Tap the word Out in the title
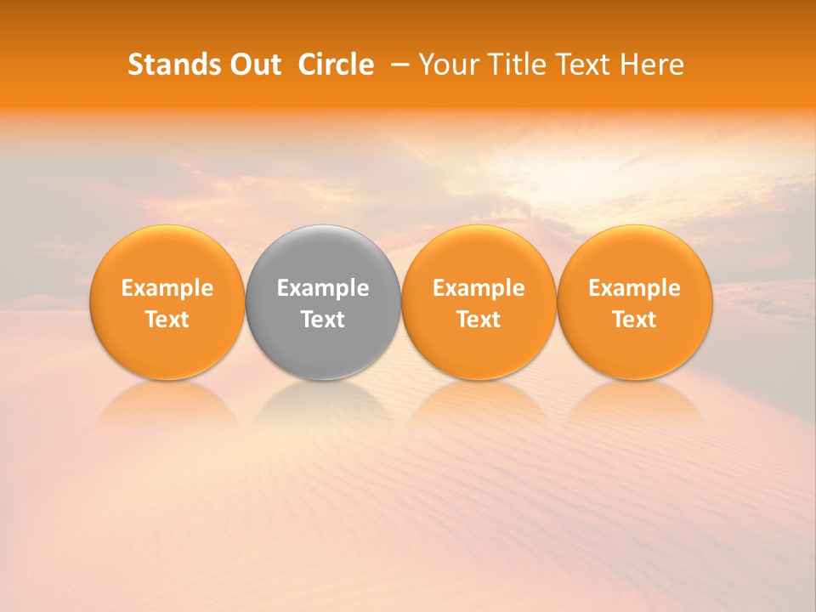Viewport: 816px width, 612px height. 253,65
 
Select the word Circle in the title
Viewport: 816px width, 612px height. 336,65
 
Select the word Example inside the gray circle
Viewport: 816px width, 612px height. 323,288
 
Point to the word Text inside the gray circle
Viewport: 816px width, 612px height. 323,320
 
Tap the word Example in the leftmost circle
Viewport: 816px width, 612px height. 167,288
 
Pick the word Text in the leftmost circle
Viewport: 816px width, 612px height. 167,320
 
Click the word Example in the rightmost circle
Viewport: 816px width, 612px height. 634,288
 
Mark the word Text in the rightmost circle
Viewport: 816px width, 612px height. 634,320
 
